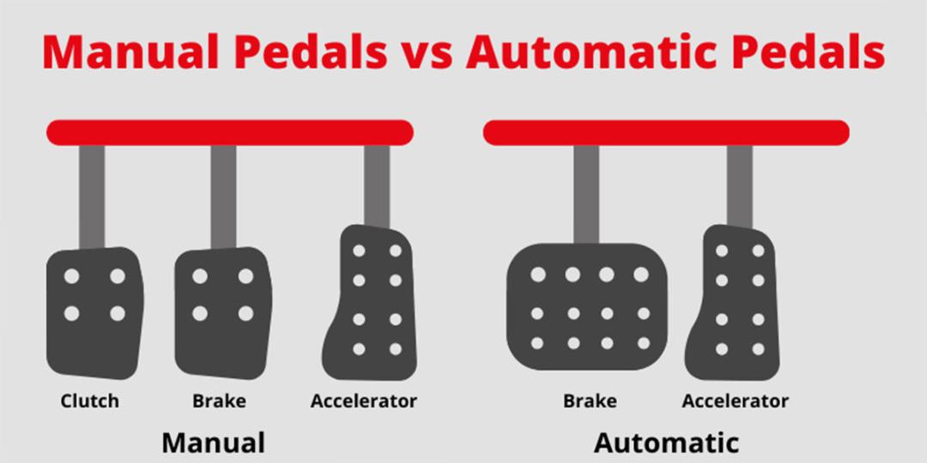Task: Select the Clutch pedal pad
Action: [x=94, y=313]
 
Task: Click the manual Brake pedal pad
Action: [x=223, y=313]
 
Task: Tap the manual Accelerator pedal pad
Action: [x=370, y=303]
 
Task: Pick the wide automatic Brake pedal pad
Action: [x=587, y=306]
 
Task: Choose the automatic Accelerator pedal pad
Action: [x=733, y=303]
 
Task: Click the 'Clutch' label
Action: [x=90, y=401]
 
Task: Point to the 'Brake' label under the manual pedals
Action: [x=220, y=401]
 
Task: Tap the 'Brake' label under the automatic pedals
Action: [x=590, y=401]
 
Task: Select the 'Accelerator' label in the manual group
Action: [x=364, y=401]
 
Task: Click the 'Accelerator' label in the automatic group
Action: [x=736, y=401]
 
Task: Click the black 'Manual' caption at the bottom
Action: [x=214, y=443]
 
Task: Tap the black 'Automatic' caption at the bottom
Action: [x=666, y=443]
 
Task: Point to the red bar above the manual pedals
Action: [x=230, y=132]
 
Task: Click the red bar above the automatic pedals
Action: [x=666, y=132]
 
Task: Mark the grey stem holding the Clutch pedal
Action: [x=92, y=197]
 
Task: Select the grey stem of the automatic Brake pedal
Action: [x=586, y=195]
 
